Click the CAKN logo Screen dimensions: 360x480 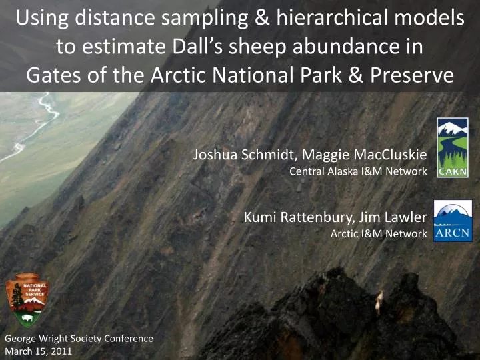tap(452, 148)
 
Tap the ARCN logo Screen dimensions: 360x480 tap(453, 221)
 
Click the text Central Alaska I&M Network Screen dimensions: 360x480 tap(358, 171)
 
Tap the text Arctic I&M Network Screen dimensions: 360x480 tap(378, 233)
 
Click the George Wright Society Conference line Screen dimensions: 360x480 tap(79, 339)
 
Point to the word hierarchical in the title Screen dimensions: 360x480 tap(328, 20)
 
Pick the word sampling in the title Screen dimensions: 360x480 tap(194, 20)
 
